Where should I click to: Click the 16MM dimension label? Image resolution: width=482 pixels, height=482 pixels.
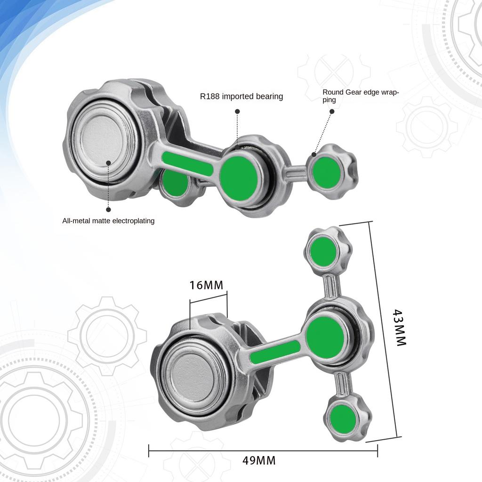tap(206, 285)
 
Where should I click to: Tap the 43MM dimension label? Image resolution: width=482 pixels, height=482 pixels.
tap(400, 328)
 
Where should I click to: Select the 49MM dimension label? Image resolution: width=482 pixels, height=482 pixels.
tap(259, 460)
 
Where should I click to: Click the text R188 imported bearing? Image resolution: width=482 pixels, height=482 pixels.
tap(241, 96)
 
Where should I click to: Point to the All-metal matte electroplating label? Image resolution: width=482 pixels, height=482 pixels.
tap(108, 220)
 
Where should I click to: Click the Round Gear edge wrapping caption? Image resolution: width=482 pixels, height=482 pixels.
tap(361, 96)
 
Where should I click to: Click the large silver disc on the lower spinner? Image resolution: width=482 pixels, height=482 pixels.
tap(193, 375)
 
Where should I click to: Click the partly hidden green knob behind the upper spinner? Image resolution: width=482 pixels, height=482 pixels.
tap(173, 183)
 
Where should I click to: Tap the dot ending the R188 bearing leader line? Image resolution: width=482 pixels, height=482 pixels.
tap(238, 112)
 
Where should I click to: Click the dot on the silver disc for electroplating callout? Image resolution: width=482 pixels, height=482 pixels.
tap(108, 163)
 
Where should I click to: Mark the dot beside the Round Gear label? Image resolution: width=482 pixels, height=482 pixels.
tap(332, 112)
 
